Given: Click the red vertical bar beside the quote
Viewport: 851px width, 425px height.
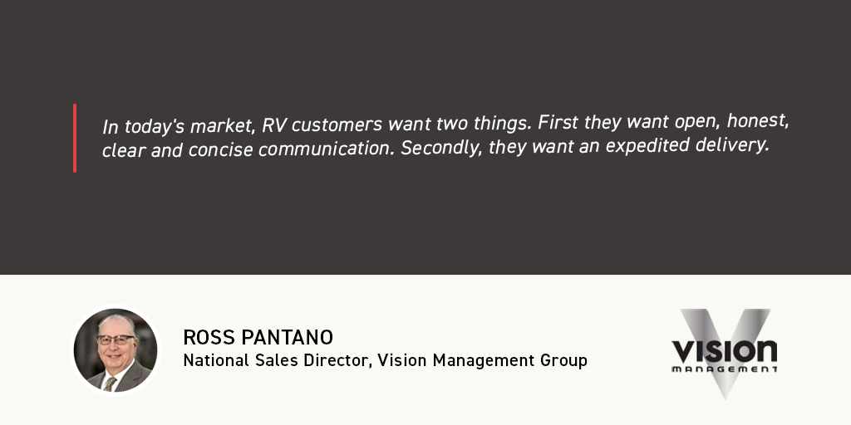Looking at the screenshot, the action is pos(75,139).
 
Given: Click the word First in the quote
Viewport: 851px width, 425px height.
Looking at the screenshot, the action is pos(559,123).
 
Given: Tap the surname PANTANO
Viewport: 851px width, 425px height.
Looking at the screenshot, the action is pos(287,337).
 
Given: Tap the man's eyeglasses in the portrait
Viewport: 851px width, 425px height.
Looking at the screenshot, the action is pos(116,340).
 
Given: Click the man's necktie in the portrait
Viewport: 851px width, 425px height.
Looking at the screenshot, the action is pos(111,383).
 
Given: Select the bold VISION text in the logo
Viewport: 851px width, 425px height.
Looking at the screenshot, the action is pos(724,351).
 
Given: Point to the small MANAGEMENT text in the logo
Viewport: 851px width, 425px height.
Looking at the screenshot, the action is pos(724,369).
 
